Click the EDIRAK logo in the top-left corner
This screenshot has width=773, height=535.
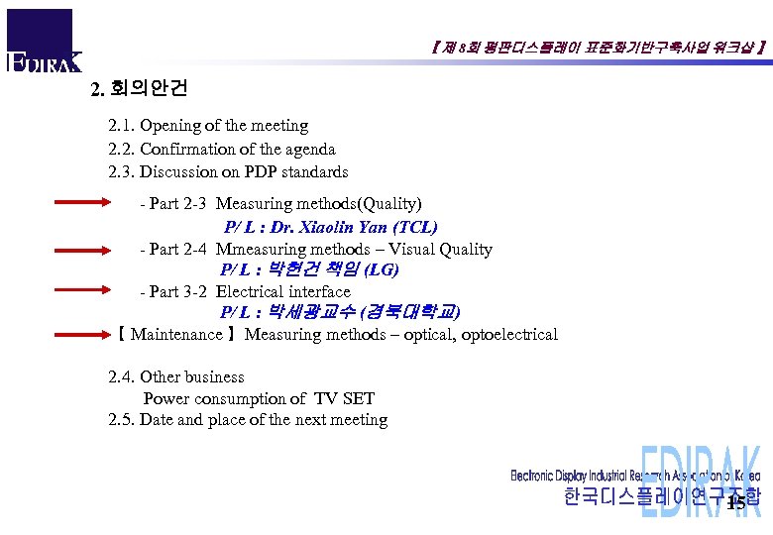pos(42,43)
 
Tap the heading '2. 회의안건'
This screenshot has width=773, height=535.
pos(139,88)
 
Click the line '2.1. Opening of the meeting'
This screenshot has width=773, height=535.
pos(208,126)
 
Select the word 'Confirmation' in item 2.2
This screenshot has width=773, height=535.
pos(186,150)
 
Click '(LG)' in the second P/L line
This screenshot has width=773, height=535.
pos(382,269)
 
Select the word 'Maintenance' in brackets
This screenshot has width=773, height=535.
pos(176,335)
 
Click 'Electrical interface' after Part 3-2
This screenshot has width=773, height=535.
pos(283,291)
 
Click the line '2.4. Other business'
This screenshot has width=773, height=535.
pos(176,377)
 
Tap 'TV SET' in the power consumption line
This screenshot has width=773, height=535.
pos(344,399)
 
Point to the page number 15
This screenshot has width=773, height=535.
pos(735,504)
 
